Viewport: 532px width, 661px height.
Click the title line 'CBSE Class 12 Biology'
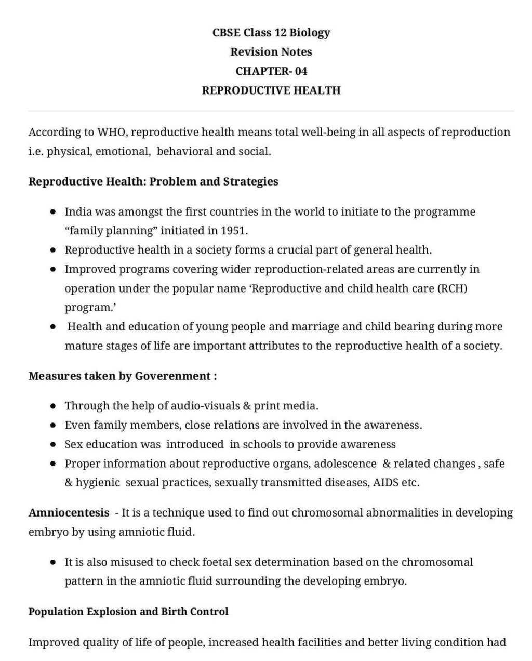pos(271,33)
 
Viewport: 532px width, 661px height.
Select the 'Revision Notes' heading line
pos(271,52)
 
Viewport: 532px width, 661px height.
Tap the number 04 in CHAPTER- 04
pos(301,71)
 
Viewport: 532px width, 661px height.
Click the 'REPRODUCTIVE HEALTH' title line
pos(271,90)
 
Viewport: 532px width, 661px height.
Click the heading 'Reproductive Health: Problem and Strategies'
pos(153,182)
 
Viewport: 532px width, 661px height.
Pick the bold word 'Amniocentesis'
pos(69,513)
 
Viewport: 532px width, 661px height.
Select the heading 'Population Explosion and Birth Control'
pos(128,612)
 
